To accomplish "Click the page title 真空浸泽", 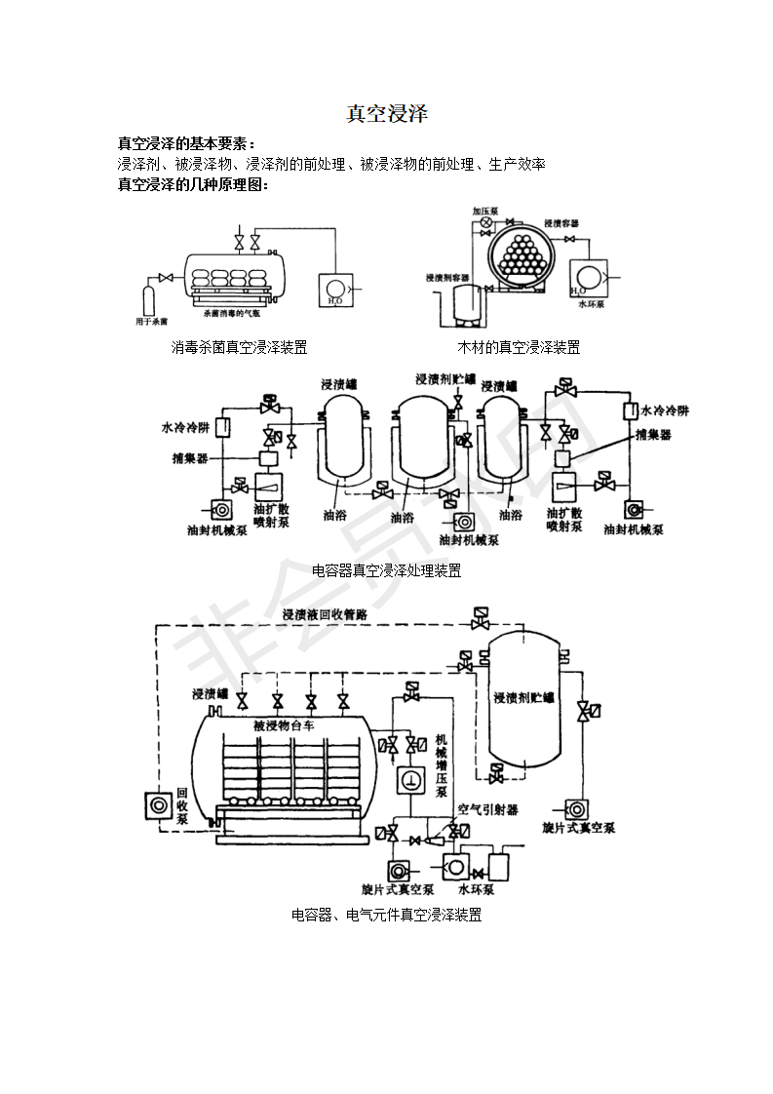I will (387, 114).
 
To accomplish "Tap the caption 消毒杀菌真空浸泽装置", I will (239, 347).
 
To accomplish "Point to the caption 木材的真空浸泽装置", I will (519, 347).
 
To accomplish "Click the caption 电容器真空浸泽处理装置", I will (387, 570).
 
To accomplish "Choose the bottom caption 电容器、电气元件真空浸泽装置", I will (387, 915).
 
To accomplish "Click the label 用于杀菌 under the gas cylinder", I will (152, 320).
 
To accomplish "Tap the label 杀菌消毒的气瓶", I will (233, 314).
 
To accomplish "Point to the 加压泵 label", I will (485, 211).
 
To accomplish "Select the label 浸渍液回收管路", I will (324, 615).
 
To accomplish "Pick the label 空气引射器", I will (487, 809).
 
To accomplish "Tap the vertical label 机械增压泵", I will (441, 765).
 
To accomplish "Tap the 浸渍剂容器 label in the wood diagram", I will (447, 278).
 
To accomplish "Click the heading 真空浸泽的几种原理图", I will (192, 183).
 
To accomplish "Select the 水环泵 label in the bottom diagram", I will (477, 889).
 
